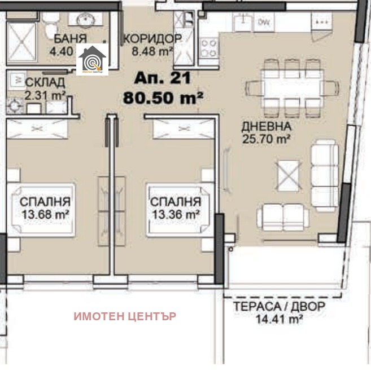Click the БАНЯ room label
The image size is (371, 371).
click(70, 39)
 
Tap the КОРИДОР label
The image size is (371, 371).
click(152, 39)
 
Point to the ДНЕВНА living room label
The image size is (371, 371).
click(266, 126)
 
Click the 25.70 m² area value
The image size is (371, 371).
click(266, 138)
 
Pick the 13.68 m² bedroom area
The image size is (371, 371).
click(45, 214)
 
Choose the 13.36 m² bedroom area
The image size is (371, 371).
click(174, 214)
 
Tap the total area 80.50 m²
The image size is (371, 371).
click(163, 98)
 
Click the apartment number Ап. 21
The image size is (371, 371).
click(163, 78)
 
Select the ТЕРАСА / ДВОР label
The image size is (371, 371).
click(280, 307)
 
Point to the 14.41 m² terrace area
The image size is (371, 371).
click(280, 319)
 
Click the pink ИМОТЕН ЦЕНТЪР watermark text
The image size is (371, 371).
click(124, 316)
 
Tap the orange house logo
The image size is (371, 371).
click(92, 59)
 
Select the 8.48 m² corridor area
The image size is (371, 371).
click(152, 51)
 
